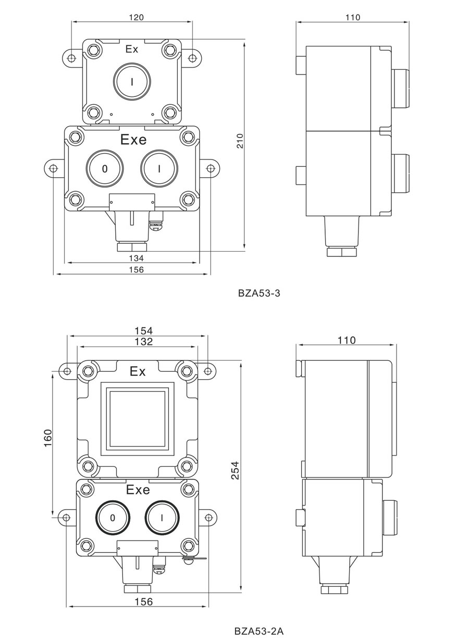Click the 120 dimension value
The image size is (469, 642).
136,17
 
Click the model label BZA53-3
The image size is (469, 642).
259,293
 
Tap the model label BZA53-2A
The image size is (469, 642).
259,631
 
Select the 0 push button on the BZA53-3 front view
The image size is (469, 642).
105,168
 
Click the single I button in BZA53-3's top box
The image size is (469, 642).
132,81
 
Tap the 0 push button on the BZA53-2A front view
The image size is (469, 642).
113,518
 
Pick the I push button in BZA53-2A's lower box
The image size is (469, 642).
163,518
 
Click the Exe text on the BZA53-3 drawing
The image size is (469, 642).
133,140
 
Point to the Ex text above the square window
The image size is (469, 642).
138,372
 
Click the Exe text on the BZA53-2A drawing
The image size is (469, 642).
138,490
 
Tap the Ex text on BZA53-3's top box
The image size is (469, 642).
132,50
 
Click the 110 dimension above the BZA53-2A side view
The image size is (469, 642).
346,340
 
